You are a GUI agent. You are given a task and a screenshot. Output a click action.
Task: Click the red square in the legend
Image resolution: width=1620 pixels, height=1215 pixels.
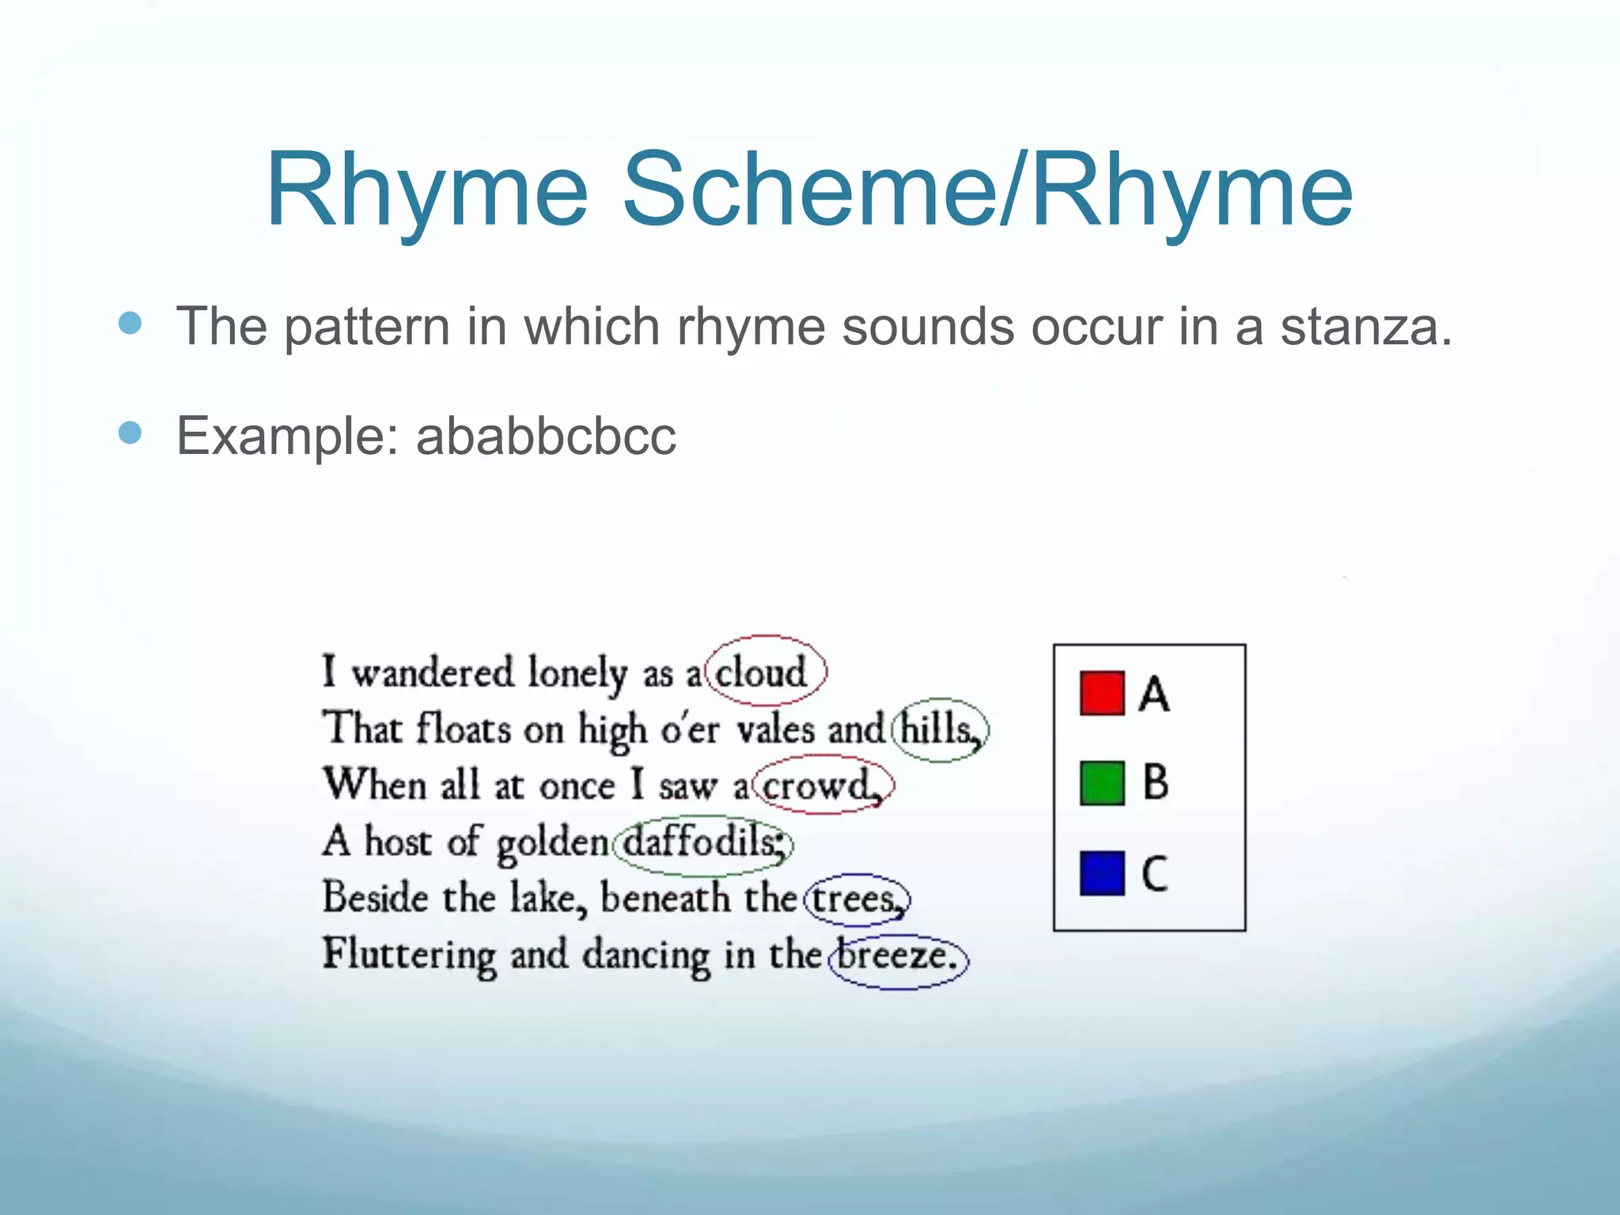tap(1101, 693)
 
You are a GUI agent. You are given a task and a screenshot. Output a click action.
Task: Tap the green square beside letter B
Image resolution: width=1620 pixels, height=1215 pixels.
tap(1101, 783)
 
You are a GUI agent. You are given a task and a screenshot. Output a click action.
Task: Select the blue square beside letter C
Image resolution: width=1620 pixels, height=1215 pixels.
tap(1101, 872)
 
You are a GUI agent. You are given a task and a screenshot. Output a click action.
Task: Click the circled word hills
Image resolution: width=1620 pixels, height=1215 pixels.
tap(938, 729)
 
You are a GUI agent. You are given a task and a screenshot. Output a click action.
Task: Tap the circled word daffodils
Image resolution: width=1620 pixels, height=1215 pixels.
tap(702, 842)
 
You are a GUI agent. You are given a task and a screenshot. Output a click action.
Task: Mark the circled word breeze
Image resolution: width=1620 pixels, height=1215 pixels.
tap(897, 955)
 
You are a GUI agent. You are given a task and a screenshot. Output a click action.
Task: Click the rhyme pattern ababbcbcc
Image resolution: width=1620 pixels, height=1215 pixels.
tap(546, 436)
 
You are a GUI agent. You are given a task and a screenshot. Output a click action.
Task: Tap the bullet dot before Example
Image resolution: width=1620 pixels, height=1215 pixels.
tap(130, 433)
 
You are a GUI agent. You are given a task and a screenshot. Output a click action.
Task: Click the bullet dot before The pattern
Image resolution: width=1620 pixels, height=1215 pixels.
tap(130, 323)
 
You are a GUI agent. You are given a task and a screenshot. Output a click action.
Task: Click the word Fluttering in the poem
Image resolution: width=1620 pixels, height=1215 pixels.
tap(408, 955)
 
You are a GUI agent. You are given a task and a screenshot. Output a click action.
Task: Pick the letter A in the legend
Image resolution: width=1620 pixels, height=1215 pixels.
tap(1154, 694)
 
